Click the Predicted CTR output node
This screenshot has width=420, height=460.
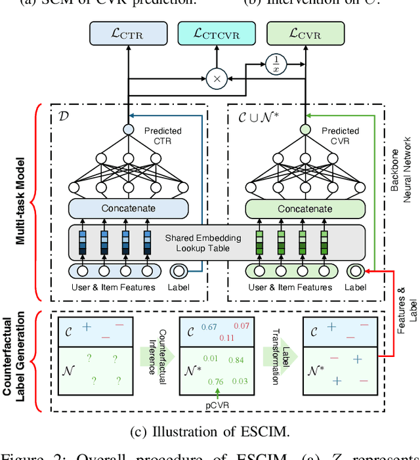tap(129, 130)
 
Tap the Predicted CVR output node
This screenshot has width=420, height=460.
tap(304, 130)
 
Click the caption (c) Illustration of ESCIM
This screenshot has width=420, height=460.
tap(210, 432)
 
